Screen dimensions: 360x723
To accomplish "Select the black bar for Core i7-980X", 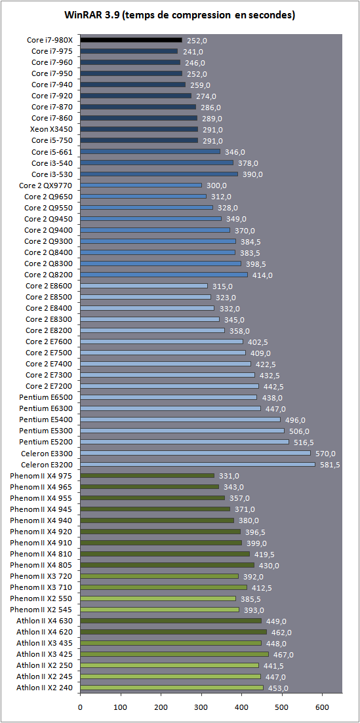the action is pos(131,39).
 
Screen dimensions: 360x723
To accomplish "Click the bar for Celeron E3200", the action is pos(197,464).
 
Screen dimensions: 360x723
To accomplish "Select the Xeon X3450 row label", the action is pos(54,129).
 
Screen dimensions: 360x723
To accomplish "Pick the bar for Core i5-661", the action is pos(150,151).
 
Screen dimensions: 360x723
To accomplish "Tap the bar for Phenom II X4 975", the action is pos(148,475).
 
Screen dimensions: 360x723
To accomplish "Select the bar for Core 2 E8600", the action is pos(144,286).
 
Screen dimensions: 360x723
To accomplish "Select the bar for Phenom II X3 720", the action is pos(159,576).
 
